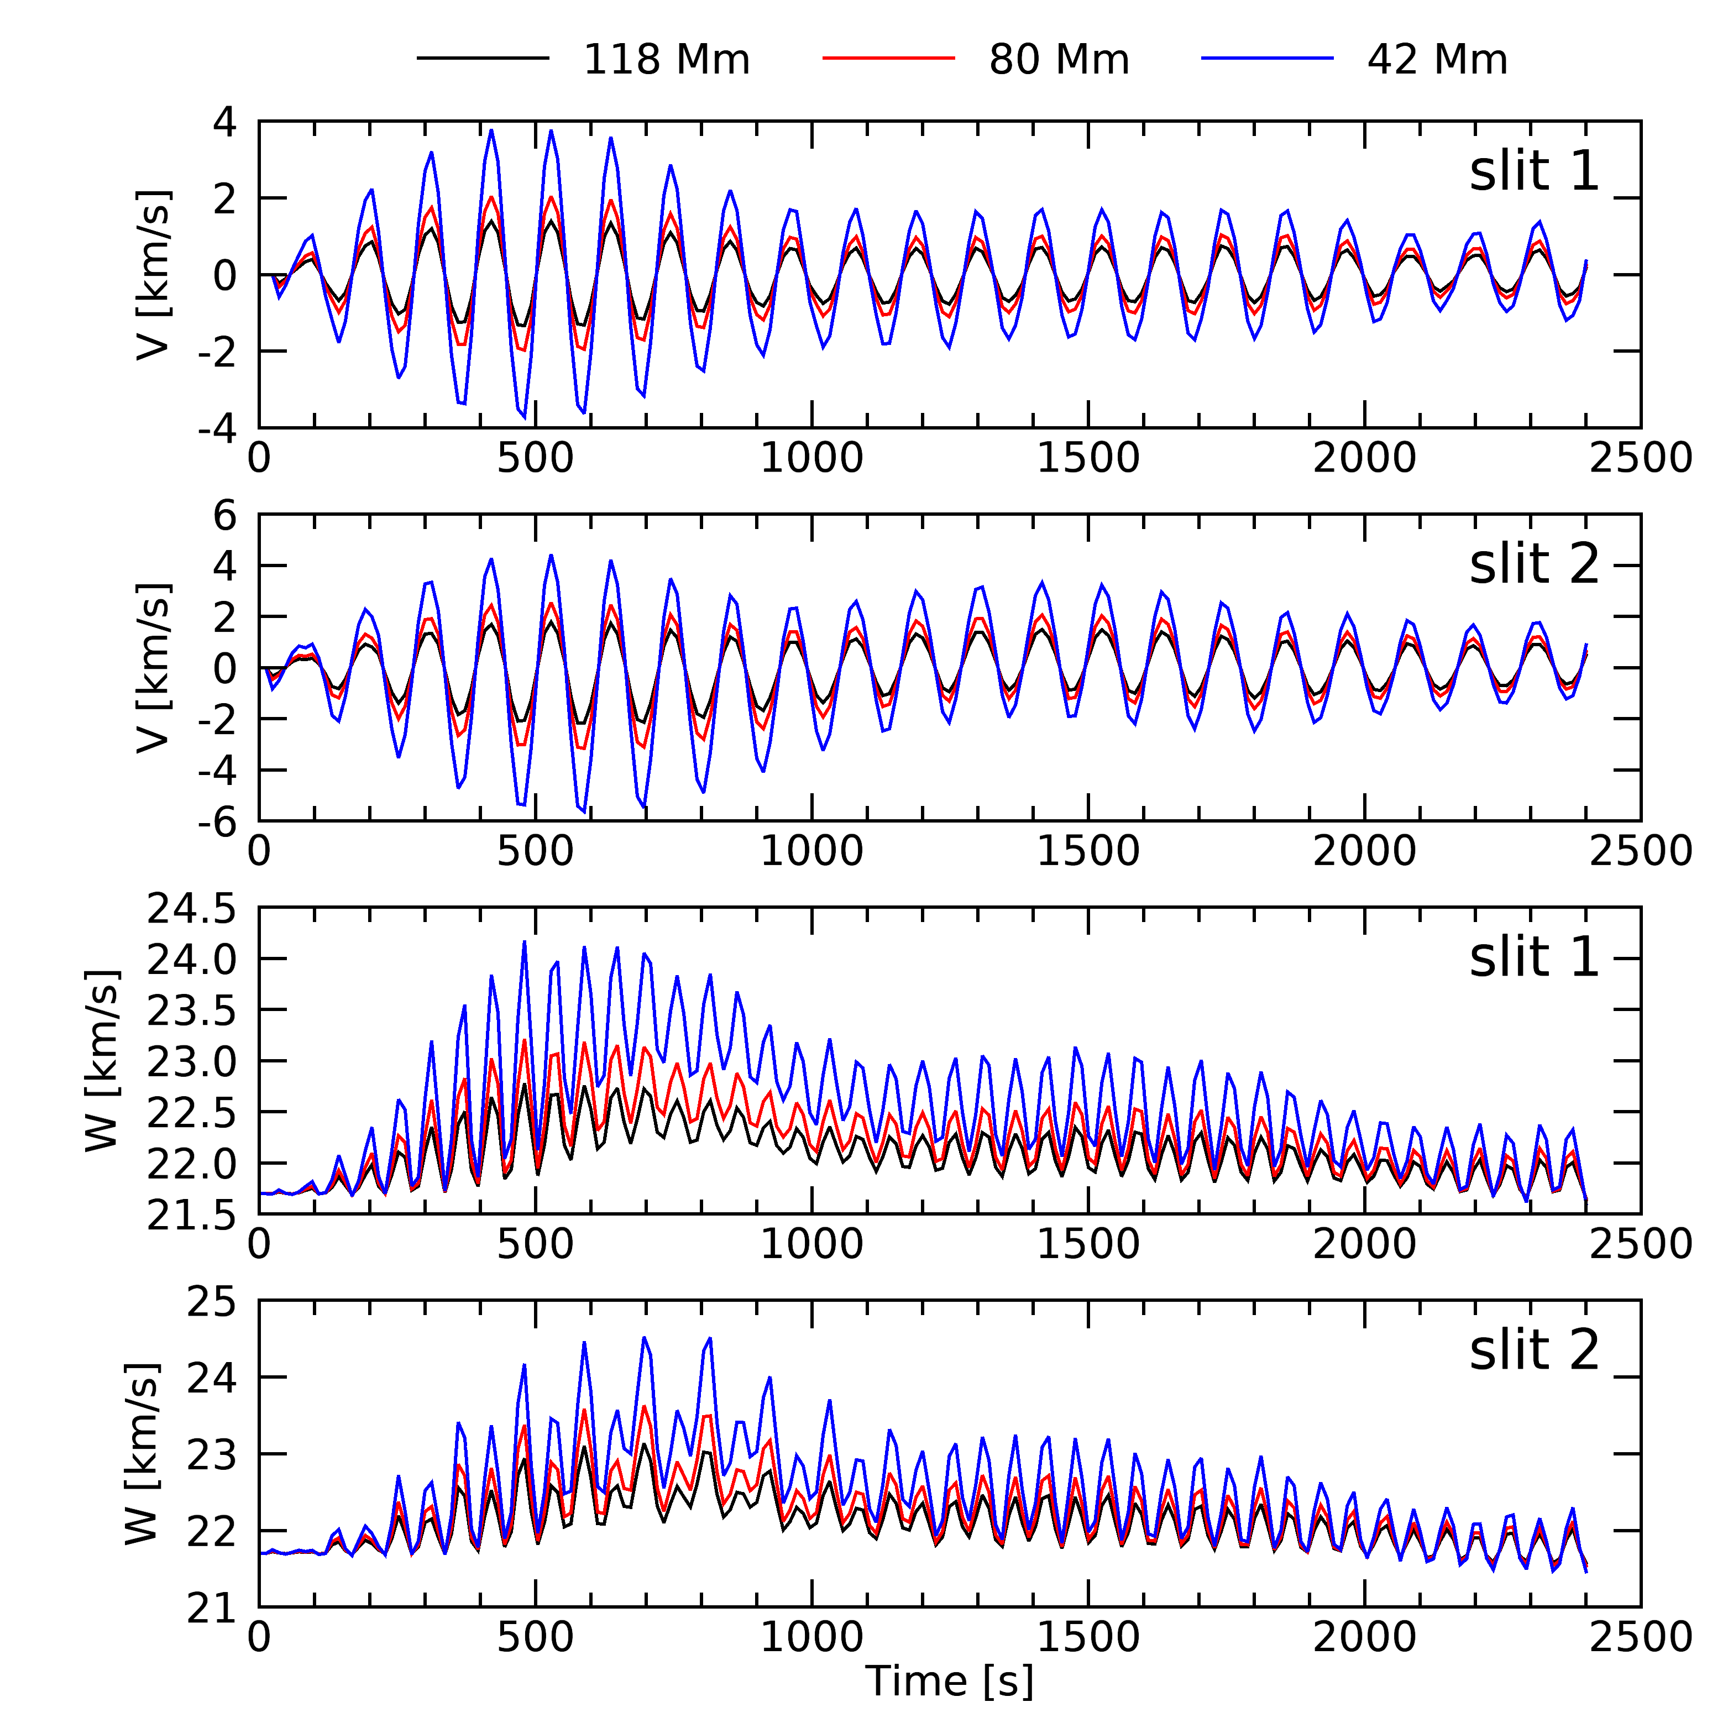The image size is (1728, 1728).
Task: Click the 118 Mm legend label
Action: [666, 60]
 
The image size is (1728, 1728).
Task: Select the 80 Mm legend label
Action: [1059, 60]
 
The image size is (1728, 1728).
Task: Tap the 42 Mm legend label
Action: [1437, 60]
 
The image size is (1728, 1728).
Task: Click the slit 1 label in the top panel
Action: [1533, 172]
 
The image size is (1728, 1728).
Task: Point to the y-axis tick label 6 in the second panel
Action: [224, 516]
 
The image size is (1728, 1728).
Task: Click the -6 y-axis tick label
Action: [217, 821]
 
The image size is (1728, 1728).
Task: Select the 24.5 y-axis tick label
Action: [191, 910]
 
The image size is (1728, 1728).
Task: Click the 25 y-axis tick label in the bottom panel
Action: [211, 1302]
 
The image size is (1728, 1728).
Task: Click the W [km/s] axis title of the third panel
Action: [102, 1061]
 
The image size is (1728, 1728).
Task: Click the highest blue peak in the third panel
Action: [524, 942]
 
